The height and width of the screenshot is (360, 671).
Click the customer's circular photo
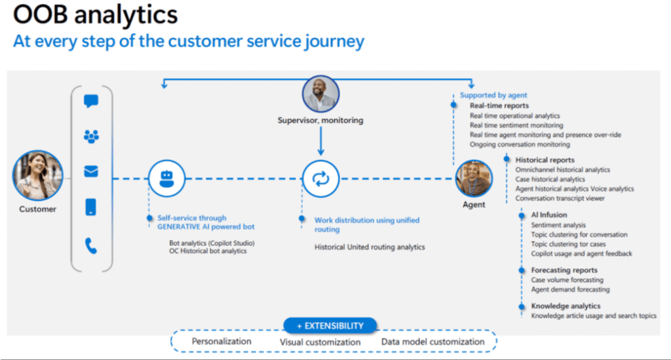pyautogui.click(x=37, y=175)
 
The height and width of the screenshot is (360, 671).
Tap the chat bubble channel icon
pyautogui.click(x=91, y=102)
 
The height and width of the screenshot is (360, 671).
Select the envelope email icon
pyautogui.click(x=91, y=172)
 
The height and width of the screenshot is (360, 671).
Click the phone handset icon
pyautogui.click(x=91, y=246)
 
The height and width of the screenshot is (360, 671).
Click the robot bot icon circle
pyautogui.click(x=166, y=178)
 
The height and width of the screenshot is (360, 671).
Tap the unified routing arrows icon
pyautogui.click(x=320, y=178)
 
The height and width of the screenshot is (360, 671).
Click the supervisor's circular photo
pyautogui.click(x=320, y=94)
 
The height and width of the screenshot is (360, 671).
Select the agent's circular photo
pyautogui.click(x=474, y=178)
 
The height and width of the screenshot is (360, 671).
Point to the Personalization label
pyautogui.click(x=221, y=342)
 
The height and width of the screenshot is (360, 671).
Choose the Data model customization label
pyautogui.click(x=433, y=342)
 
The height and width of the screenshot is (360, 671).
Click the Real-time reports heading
pyautogui.click(x=499, y=106)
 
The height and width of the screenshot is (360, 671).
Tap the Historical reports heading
pyautogui.click(x=545, y=160)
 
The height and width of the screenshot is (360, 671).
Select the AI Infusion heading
pyautogui.click(x=549, y=215)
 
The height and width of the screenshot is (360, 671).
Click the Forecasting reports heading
pyautogui.click(x=564, y=270)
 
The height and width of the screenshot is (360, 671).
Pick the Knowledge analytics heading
pyautogui.click(x=566, y=306)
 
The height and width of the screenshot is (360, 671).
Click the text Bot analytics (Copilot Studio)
pyautogui.click(x=212, y=243)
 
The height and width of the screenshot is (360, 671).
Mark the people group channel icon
pyautogui.click(x=91, y=136)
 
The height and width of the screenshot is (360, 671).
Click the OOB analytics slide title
pyautogui.click(x=96, y=14)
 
